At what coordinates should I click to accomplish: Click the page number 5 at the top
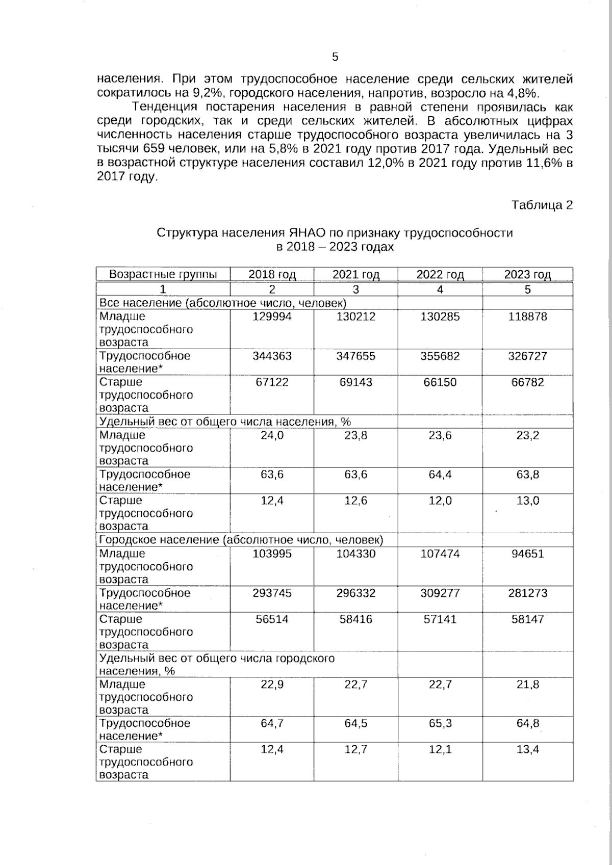(x=335, y=57)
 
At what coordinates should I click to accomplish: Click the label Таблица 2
(x=542, y=205)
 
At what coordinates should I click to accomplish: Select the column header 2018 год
(x=272, y=275)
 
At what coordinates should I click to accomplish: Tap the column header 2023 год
(x=527, y=275)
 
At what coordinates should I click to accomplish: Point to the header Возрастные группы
(x=163, y=274)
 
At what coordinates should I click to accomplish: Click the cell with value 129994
(x=272, y=317)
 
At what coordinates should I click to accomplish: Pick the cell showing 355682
(x=440, y=356)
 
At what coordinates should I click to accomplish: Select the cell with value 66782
(x=527, y=382)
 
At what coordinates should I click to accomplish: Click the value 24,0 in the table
(x=272, y=435)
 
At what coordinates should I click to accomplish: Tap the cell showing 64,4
(x=440, y=475)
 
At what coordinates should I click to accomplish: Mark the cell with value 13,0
(x=527, y=501)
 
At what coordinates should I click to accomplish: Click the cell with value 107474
(x=440, y=554)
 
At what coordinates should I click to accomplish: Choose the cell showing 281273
(x=527, y=593)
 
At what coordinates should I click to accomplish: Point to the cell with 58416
(x=355, y=619)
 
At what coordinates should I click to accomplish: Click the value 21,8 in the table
(x=527, y=685)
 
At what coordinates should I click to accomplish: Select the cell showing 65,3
(x=440, y=723)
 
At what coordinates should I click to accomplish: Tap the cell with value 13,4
(x=527, y=749)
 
